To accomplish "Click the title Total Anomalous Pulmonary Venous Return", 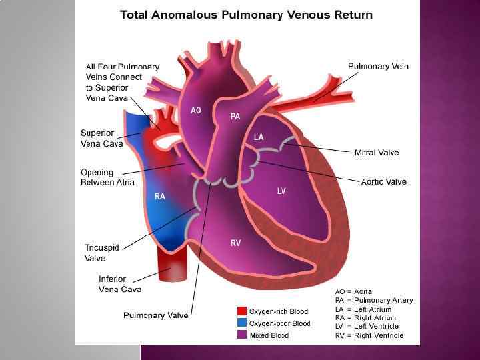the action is pyautogui.click(x=246, y=15).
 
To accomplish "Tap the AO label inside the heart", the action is pyautogui.click(x=196, y=111).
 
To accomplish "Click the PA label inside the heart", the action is pyautogui.click(x=235, y=117).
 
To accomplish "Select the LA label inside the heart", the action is pyautogui.click(x=259, y=137).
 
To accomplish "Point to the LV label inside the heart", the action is pyautogui.click(x=282, y=191).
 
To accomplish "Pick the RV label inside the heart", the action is pyautogui.click(x=235, y=243).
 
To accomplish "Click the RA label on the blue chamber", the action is pyautogui.click(x=160, y=196).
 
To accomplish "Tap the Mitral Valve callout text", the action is pyautogui.click(x=377, y=153).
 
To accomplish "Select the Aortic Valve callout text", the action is pyautogui.click(x=383, y=181).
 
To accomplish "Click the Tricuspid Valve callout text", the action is pyautogui.click(x=101, y=253).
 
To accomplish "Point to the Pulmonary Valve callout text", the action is pyautogui.click(x=155, y=315).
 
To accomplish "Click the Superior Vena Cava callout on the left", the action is pyautogui.click(x=101, y=138).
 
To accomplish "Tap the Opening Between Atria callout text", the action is pyautogui.click(x=107, y=177).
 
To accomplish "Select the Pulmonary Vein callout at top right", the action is pyautogui.click(x=378, y=66).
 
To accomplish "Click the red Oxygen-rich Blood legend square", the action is pyautogui.click(x=242, y=311).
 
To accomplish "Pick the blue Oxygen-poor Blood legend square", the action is pyautogui.click(x=242, y=323).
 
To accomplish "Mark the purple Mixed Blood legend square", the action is pyautogui.click(x=242, y=335).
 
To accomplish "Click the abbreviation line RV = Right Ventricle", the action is pyautogui.click(x=369, y=335).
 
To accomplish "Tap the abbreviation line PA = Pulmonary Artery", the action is pyautogui.click(x=373, y=300).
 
